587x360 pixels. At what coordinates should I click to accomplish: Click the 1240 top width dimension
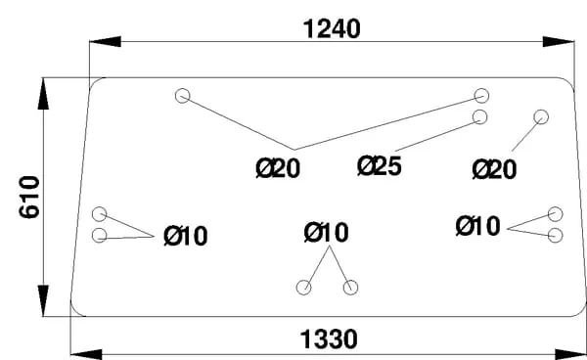pos(332,29)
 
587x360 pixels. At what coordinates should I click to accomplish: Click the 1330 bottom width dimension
pos(329,339)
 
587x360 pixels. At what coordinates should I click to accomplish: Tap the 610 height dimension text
pos(29,197)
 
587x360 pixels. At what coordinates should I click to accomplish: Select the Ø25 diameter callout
pos(380,166)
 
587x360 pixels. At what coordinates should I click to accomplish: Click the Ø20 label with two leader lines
pos(278,168)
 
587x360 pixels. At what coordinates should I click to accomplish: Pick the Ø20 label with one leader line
pos(494,169)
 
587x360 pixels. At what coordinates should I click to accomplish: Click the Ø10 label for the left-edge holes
pos(186,236)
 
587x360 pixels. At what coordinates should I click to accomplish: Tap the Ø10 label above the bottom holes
pos(327,233)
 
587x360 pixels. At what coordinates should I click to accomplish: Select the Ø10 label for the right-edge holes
pos(478,226)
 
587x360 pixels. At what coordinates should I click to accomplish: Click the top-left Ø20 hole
pos(182,96)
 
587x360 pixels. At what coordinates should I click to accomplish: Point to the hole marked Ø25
pos(480,117)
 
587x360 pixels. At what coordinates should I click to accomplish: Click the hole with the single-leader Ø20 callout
pos(541,117)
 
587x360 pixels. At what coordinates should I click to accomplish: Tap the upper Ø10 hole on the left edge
pos(99,214)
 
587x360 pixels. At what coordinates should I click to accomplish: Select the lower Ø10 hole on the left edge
pos(99,236)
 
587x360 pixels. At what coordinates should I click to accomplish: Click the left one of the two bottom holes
pos(303,288)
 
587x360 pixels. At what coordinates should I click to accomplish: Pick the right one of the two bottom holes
pos(350,288)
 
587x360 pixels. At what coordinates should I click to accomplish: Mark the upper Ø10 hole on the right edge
pos(555,214)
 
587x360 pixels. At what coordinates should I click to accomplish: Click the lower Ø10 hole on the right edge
pos(555,236)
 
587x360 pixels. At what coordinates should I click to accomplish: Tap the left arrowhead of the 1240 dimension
pos(106,41)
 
